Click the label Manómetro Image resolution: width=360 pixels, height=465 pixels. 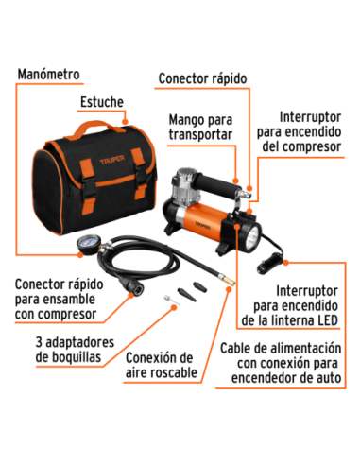pos(48,73)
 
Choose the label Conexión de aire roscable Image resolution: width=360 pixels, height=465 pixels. pos(159,367)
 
